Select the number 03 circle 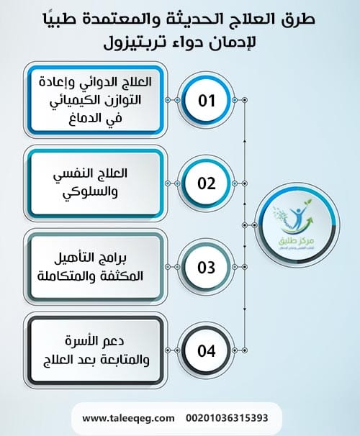(207, 267)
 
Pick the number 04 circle (207, 352)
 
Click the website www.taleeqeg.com (128, 418)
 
